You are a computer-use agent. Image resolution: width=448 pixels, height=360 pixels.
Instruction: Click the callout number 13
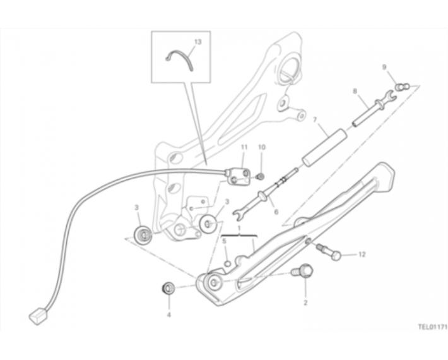[x=197, y=42]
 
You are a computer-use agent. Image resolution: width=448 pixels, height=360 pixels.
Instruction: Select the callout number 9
[x=384, y=67]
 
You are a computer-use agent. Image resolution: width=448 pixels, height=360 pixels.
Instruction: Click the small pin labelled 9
[x=403, y=86]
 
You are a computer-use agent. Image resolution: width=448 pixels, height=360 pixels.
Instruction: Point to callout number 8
[x=355, y=91]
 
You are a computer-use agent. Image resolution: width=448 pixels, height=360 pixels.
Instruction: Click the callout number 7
[x=315, y=119]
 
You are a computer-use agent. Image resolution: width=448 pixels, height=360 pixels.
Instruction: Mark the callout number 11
[x=244, y=147]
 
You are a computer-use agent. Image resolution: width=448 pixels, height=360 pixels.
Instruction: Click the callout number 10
[x=262, y=147]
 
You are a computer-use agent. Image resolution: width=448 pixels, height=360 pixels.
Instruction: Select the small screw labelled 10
[x=260, y=177]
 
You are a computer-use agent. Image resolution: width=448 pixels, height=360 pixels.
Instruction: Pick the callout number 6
[x=276, y=212]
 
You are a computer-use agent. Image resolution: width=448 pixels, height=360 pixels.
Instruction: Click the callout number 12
[x=362, y=254]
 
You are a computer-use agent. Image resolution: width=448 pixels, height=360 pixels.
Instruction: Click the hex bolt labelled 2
[x=302, y=271]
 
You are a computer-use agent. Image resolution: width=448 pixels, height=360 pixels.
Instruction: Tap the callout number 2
[x=305, y=303]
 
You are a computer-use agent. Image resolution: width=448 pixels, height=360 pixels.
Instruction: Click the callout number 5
[x=224, y=241]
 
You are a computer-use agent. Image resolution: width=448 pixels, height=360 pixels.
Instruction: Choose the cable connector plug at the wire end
[x=37, y=316]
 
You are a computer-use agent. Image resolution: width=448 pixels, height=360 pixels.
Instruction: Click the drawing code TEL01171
[x=433, y=327]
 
